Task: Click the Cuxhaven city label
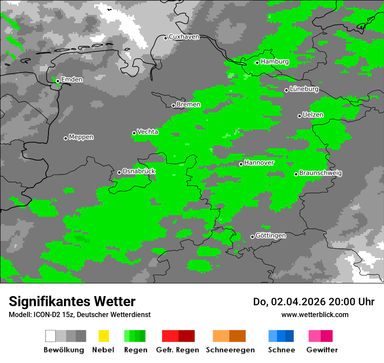tap(184, 37)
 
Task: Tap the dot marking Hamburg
tap(257, 63)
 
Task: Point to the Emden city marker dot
tap(58, 81)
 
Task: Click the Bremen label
tap(189, 105)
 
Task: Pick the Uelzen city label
tap(313, 115)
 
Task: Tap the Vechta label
tap(147, 132)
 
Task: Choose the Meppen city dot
tap(65, 138)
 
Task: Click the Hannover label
tap(259, 163)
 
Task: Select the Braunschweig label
tap(320, 173)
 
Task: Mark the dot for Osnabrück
tap(119, 172)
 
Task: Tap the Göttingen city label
tap(271, 236)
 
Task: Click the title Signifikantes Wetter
tap(72, 301)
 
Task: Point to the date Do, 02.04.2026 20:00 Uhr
tap(314, 302)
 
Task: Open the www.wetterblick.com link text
tap(315, 314)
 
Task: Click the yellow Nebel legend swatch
tap(103, 336)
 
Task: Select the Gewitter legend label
tap(322, 350)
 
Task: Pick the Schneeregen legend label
tap(230, 350)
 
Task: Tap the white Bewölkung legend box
tap(51, 336)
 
